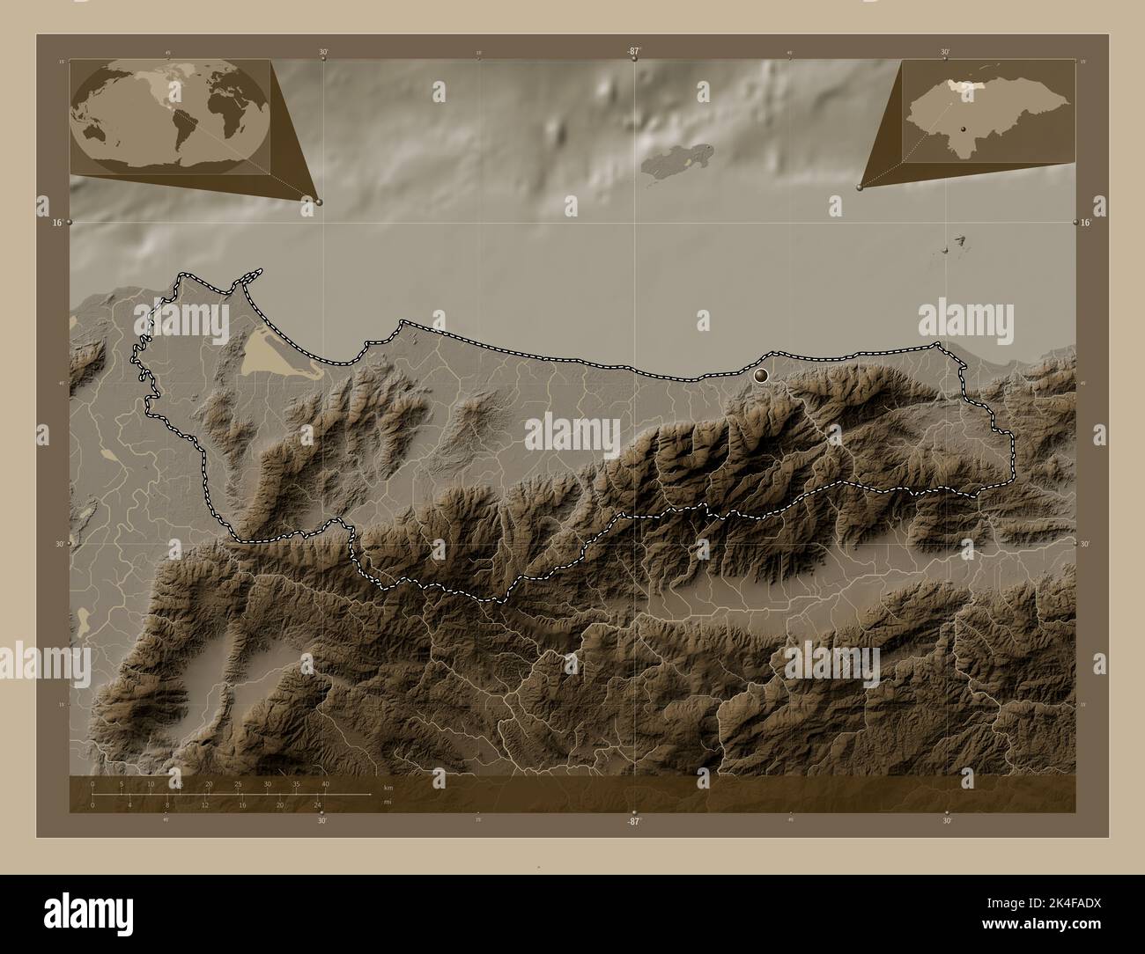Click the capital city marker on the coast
click(x=762, y=376)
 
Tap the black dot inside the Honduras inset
click(x=964, y=129)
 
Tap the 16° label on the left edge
click(x=56, y=224)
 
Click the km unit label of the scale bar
click(x=388, y=787)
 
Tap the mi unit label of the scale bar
click(x=388, y=802)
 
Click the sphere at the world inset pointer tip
click(x=319, y=202)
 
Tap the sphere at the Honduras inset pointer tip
click(x=860, y=187)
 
